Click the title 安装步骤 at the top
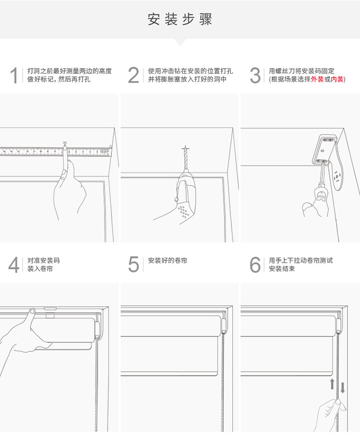[x=180, y=20]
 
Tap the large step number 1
[x=14, y=75]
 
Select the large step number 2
[x=134, y=75]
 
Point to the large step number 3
[x=255, y=75]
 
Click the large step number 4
[x=14, y=265]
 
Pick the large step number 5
[x=134, y=265]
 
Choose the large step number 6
[x=255, y=265]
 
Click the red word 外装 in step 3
[x=317, y=79]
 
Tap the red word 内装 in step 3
[x=337, y=79]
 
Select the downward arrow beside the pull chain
[x=343, y=387]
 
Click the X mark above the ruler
[x=65, y=142]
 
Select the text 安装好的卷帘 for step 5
[x=168, y=261]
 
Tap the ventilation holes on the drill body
[x=183, y=212]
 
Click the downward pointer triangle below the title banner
[x=180, y=42]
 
